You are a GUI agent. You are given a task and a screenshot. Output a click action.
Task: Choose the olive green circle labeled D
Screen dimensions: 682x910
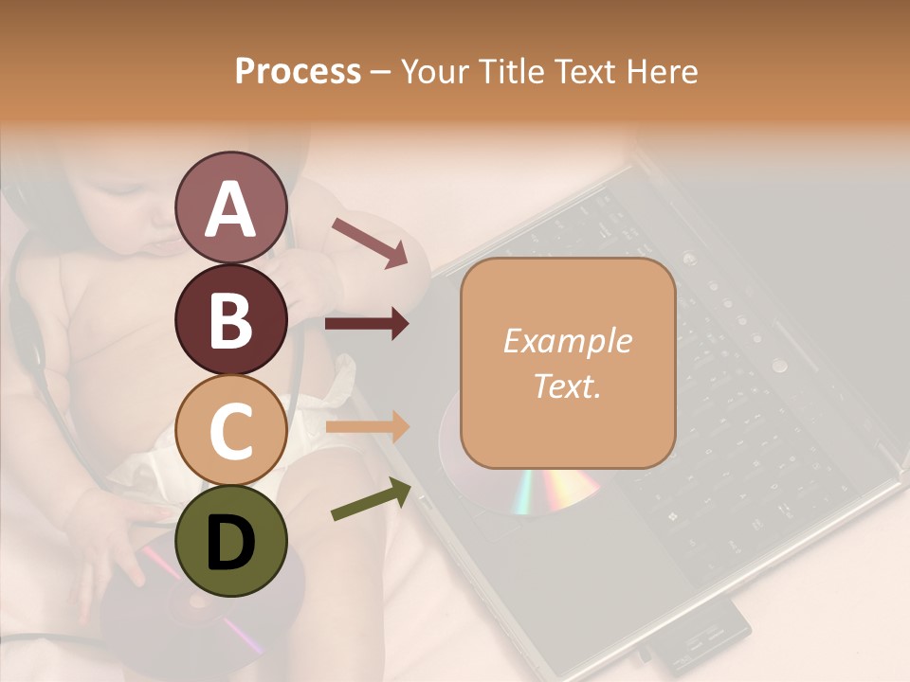[x=230, y=541]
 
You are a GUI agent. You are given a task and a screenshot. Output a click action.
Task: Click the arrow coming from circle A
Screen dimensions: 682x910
[x=370, y=242]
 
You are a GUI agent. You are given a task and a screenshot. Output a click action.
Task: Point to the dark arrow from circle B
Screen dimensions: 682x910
[x=367, y=325]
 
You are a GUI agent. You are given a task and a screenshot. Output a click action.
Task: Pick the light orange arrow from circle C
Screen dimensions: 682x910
[x=367, y=427]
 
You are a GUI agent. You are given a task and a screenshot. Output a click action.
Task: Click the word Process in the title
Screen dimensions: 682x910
[x=298, y=71]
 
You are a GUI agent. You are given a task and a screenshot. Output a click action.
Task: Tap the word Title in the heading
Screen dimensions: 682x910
[x=512, y=71]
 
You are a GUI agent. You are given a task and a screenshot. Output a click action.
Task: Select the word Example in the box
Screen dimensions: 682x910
[x=568, y=341]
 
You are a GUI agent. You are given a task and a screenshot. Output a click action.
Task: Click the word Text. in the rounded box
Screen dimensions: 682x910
[x=568, y=386]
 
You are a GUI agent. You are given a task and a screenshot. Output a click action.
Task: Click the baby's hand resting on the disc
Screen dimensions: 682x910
[x=114, y=559]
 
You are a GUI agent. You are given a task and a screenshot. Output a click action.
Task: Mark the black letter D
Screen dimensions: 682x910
[x=230, y=543]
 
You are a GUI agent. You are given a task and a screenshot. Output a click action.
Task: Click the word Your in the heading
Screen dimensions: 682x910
[x=436, y=71]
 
